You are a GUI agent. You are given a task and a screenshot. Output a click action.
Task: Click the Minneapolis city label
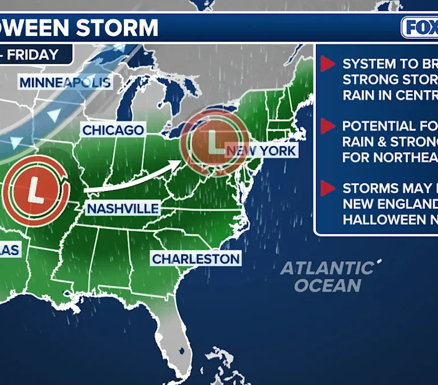click(x=65, y=83)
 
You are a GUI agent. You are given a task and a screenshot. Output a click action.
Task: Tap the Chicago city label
click(x=113, y=130)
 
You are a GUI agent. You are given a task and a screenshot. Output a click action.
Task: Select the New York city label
click(x=261, y=151)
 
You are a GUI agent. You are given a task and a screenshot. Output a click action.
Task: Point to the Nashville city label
click(x=122, y=209)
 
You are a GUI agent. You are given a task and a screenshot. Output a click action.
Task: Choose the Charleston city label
click(x=196, y=259)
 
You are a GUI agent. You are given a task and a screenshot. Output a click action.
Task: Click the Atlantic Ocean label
click(x=327, y=276)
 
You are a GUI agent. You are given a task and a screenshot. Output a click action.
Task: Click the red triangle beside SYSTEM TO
click(x=327, y=64)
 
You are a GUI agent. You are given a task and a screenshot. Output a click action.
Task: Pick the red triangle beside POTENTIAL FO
click(x=327, y=126)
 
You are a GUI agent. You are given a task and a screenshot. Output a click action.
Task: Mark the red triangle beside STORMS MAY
click(x=327, y=188)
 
